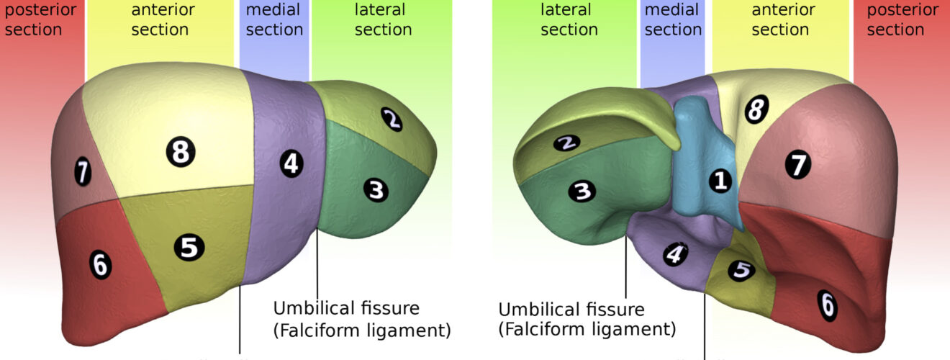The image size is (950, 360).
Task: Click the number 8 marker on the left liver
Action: coord(181,152)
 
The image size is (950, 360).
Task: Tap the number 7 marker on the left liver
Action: coord(83,172)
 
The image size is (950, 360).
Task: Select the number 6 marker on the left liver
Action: coord(101,266)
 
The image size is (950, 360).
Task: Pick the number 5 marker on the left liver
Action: coord(189,248)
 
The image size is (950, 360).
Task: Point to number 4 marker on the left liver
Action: coord(290,164)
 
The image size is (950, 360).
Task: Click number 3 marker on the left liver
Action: coord(376,191)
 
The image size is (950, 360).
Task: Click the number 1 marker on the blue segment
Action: coord(720,181)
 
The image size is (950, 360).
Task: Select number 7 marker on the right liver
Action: coord(797,166)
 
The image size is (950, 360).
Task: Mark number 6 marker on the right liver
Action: coord(828,307)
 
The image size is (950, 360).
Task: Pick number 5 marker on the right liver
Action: coord(741,271)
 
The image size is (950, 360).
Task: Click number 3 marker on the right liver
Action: coord(582,191)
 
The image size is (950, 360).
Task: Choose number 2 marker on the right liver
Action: coord(567,143)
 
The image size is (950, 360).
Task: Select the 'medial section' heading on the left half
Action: coord(273,20)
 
